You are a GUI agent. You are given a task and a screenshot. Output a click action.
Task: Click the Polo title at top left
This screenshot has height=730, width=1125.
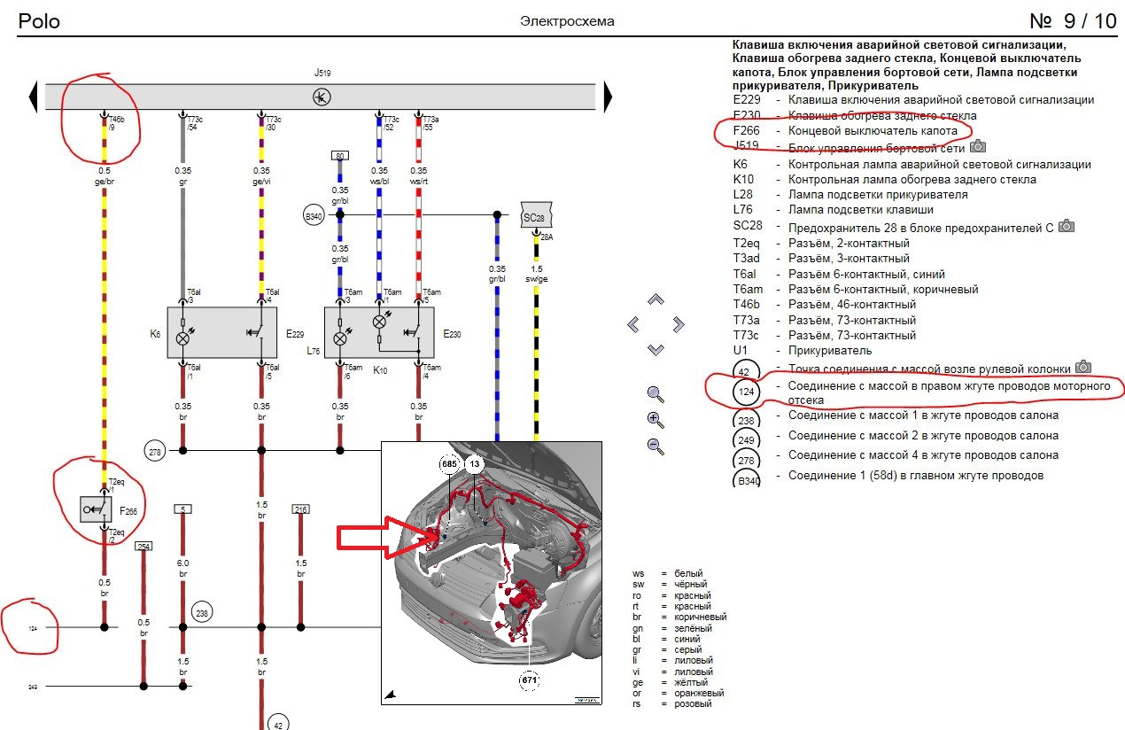(39, 20)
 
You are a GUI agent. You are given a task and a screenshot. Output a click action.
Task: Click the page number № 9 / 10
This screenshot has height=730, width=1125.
(1073, 20)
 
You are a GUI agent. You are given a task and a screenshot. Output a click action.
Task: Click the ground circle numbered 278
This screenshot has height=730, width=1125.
(156, 451)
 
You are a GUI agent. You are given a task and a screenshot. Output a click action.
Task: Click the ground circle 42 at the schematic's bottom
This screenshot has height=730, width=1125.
(277, 721)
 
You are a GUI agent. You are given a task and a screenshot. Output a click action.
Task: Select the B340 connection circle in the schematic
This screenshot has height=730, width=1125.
(314, 214)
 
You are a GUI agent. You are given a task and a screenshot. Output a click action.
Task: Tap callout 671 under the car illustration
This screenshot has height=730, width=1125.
(529, 680)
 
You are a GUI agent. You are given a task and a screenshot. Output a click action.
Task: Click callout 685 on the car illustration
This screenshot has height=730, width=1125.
(450, 463)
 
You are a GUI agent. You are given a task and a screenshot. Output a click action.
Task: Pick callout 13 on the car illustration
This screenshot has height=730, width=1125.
(475, 463)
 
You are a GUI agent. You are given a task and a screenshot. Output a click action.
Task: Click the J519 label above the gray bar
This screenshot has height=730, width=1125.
(322, 73)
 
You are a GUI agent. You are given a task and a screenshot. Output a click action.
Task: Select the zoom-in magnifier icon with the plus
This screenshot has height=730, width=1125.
(656, 420)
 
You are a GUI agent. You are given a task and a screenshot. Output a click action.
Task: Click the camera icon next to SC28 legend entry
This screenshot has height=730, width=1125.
(1067, 226)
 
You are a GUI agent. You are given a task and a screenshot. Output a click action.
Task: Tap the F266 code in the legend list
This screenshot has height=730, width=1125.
(747, 131)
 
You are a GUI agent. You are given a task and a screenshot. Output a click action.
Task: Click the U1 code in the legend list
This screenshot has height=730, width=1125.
(741, 351)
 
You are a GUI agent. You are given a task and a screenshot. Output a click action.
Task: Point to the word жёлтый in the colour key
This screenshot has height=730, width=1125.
(692, 682)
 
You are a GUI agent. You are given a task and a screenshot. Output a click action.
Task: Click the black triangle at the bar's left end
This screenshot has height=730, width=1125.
(34, 96)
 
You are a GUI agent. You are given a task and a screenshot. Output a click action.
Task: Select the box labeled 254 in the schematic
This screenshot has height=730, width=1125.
(144, 546)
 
